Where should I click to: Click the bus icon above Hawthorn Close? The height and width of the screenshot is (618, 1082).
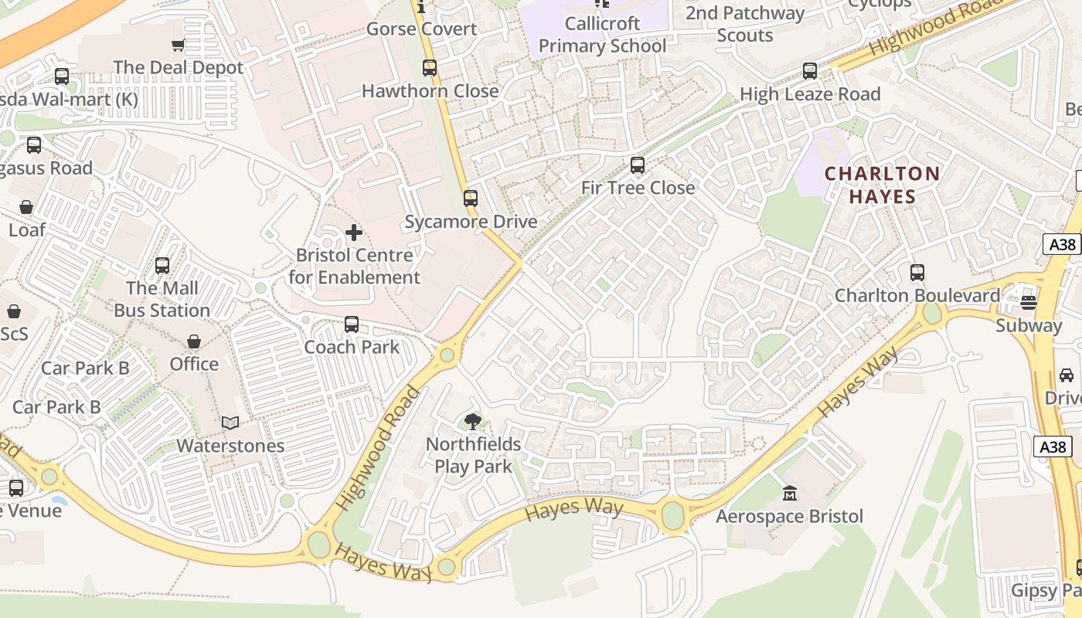coord(430,68)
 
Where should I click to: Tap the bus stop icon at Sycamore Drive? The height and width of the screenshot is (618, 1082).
coord(471,199)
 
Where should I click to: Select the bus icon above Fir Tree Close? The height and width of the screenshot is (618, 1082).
coord(638,165)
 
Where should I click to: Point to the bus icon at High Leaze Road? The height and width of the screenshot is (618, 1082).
coord(810,71)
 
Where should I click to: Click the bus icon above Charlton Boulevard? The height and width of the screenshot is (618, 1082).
coord(917,273)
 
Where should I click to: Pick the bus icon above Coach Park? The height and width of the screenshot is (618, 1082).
coord(352,324)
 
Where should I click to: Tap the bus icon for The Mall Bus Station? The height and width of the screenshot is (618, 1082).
coord(162,266)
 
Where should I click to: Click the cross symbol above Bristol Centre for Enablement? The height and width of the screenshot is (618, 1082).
coord(354,232)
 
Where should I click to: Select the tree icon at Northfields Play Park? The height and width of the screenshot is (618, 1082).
coord(472,422)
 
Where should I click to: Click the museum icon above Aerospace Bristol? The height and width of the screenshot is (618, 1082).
coord(790,493)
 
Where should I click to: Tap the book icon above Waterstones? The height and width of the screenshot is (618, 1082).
coord(230,423)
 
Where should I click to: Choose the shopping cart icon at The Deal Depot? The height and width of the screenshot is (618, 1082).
coord(179,45)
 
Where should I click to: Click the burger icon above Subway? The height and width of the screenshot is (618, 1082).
coord(1028,302)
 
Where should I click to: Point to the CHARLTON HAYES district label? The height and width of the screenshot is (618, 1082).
coord(883,185)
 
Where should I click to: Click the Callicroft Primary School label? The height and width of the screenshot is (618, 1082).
coord(602,35)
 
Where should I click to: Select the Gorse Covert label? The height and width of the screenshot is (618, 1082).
coord(421,29)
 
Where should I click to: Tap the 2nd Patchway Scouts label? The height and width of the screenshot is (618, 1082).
coord(745,24)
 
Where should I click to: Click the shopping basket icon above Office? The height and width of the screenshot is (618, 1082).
coord(194,341)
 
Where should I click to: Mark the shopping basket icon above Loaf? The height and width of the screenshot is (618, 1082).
coord(26,207)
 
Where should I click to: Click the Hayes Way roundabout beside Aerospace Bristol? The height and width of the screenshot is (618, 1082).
coord(673,514)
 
